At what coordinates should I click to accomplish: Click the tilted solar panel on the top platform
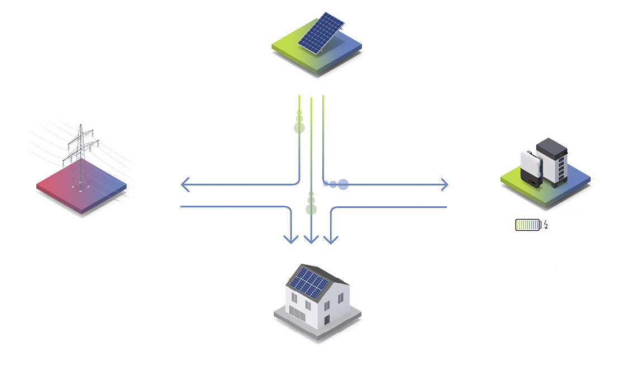coord(321,33)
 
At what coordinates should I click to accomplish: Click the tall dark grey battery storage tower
coord(551,162)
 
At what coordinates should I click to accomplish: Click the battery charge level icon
coord(528,225)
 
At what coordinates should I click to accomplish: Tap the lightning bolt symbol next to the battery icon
coord(546,225)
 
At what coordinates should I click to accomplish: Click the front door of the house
coord(327,320)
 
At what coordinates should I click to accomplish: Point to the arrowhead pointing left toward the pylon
coord(184,184)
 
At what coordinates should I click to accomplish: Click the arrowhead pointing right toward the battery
coord(445,184)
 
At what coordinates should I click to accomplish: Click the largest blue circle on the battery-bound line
coord(343,184)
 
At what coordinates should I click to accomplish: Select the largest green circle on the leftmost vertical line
coord(299,127)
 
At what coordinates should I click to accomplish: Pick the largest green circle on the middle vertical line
coord(311,210)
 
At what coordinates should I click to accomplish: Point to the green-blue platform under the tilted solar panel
coord(291,50)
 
